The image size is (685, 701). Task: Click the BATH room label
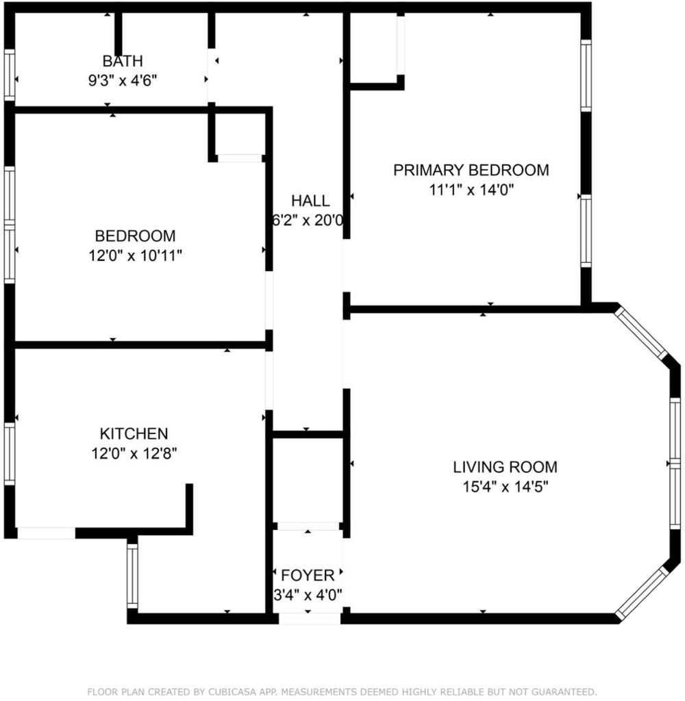(x=123, y=61)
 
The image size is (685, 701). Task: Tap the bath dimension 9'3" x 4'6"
(x=123, y=81)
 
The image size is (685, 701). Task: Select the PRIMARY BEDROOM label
(x=471, y=170)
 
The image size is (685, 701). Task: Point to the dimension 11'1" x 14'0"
(x=471, y=190)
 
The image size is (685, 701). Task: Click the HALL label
(x=310, y=201)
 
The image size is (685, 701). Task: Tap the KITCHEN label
(x=134, y=433)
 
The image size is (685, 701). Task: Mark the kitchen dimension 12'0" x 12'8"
(x=134, y=454)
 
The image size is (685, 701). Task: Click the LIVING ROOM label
(x=505, y=467)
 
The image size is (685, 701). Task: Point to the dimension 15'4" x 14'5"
(x=505, y=487)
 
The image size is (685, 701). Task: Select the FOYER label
(x=308, y=575)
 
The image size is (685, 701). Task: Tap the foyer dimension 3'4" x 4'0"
(x=308, y=595)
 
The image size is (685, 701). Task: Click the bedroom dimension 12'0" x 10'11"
(x=135, y=256)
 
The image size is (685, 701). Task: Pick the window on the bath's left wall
(x=10, y=75)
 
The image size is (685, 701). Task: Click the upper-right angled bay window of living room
(x=640, y=333)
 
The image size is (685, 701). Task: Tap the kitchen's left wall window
(x=10, y=454)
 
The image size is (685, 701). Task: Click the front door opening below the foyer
(x=310, y=619)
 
